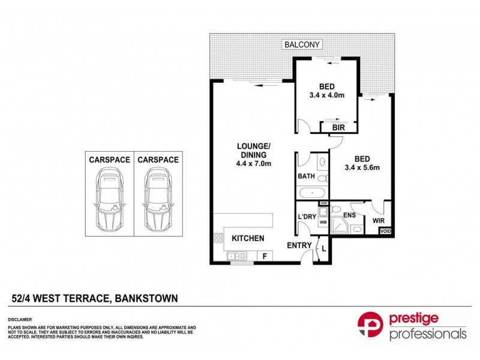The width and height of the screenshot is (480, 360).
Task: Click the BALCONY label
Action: point(304,44)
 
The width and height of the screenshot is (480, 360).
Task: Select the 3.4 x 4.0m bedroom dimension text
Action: point(327,95)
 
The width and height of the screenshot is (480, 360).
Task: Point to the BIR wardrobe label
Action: point(331,127)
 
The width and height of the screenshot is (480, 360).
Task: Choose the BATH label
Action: point(307,177)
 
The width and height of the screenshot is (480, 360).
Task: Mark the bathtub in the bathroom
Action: point(311,193)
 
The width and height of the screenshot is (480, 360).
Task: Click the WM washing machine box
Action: point(322,222)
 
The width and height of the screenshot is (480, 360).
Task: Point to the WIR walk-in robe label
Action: point(379,220)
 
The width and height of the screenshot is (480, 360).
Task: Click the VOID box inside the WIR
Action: point(386,231)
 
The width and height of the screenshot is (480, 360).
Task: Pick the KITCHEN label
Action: point(248,238)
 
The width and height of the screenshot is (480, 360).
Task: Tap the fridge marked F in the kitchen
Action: point(265,256)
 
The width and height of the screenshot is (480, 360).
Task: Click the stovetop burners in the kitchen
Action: point(217,238)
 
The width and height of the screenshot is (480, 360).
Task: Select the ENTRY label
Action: point(299,245)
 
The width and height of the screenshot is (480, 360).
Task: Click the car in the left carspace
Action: point(109,200)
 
